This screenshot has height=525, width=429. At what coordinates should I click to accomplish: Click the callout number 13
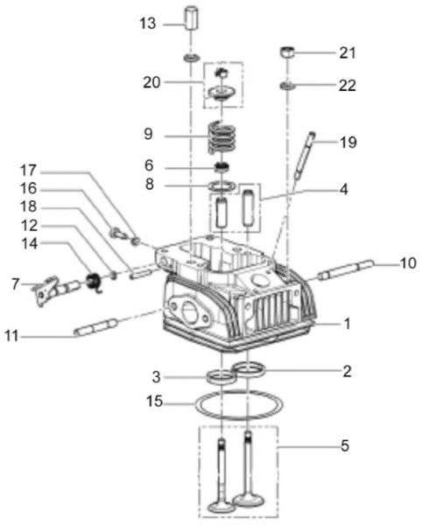click(x=146, y=23)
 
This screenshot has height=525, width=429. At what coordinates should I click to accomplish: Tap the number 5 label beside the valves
click(x=345, y=445)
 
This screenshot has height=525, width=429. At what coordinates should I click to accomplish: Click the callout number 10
click(x=408, y=262)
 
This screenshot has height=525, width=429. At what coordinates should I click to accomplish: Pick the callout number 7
click(x=15, y=283)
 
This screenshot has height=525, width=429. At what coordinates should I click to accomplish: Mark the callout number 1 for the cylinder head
click(x=347, y=324)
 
